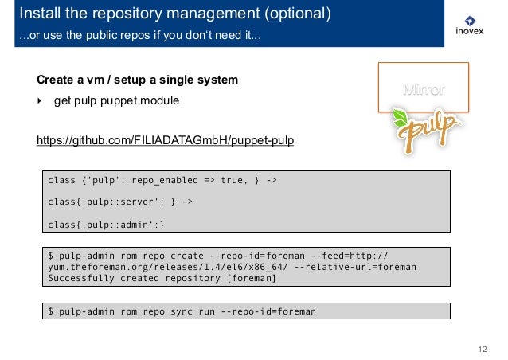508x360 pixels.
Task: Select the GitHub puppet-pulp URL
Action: (x=166, y=141)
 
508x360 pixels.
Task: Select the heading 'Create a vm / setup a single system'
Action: (x=137, y=81)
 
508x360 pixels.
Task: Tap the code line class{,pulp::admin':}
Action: (x=107, y=224)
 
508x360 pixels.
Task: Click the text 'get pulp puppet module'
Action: (x=116, y=102)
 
